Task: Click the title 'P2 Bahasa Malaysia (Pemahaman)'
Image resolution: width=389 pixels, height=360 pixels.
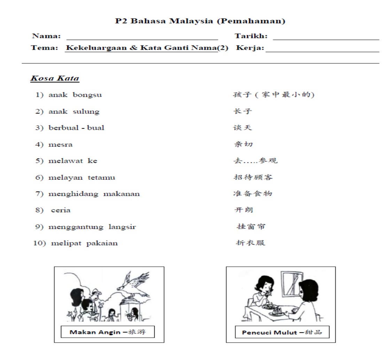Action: (x=200, y=21)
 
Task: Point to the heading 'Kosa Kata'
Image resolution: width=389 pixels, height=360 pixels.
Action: (x=55, y=78)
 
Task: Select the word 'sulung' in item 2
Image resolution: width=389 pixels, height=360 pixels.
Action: (x=86, y=111)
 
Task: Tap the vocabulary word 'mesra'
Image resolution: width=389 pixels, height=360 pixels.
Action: (x=61, y=144)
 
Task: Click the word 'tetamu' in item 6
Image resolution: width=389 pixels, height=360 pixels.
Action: (x=101, y=178)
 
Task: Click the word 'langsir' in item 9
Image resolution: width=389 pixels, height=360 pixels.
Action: (x=122, y=227)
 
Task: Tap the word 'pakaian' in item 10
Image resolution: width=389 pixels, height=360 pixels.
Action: (x=102, y=243)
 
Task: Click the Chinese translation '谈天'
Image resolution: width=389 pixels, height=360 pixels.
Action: (x=242, y=128)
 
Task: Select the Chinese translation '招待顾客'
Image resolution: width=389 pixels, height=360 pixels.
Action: (x=253, y=177)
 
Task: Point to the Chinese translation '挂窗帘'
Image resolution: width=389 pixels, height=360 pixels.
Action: (x=251, y=227)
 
